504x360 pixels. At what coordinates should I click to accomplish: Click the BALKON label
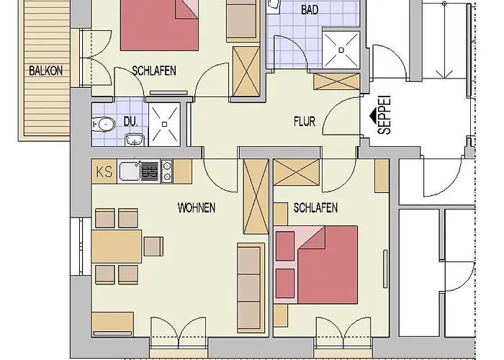(x=45, y=71)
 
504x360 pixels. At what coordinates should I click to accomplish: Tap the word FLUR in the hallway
(x=305, y=121)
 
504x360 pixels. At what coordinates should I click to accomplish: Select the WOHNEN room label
(x=196, y=207)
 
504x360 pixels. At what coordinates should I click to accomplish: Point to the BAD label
(x=310, y=9)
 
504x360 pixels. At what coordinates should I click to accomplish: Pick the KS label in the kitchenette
(x=104, y=171)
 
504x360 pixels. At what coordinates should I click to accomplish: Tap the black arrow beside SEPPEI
(x=372, y=115)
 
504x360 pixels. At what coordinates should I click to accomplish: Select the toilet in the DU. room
(x=104, y=124)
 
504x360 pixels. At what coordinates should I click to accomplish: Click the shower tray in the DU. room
(x=166, y=123)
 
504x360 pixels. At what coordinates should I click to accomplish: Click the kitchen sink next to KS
(x=130, y=171)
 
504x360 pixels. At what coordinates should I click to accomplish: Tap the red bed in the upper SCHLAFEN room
(x=158, y=24)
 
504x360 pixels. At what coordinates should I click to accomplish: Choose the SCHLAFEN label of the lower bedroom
(x=315, y=207)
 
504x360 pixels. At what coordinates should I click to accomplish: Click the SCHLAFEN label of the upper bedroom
(x=154, y=71)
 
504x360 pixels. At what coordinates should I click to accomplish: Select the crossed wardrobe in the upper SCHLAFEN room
(x=247, y=69)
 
